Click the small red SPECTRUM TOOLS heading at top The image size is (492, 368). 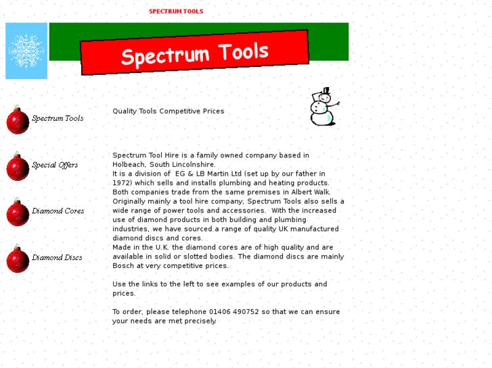click(176, 11)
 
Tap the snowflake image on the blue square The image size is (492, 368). click(26, 51)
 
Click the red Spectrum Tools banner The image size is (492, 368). click(194, 53)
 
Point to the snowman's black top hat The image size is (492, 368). click(326, 91)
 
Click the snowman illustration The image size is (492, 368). click(323, 108)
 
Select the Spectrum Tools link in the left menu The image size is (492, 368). click(58, 119)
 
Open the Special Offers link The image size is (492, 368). click(55, 165)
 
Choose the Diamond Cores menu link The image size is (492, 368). click(58, 211)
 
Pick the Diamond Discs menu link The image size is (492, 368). click(57, 258)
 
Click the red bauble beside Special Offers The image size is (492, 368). click(18, 167)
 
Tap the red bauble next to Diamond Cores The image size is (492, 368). click(18, 213)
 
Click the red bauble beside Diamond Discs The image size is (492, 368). click(18, 260)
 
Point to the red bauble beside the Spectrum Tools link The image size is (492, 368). click(18, 121)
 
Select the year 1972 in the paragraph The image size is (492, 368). click(122, 183)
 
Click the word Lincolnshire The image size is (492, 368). click(194, 165)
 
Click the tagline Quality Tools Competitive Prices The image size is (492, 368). click(169, 111)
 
